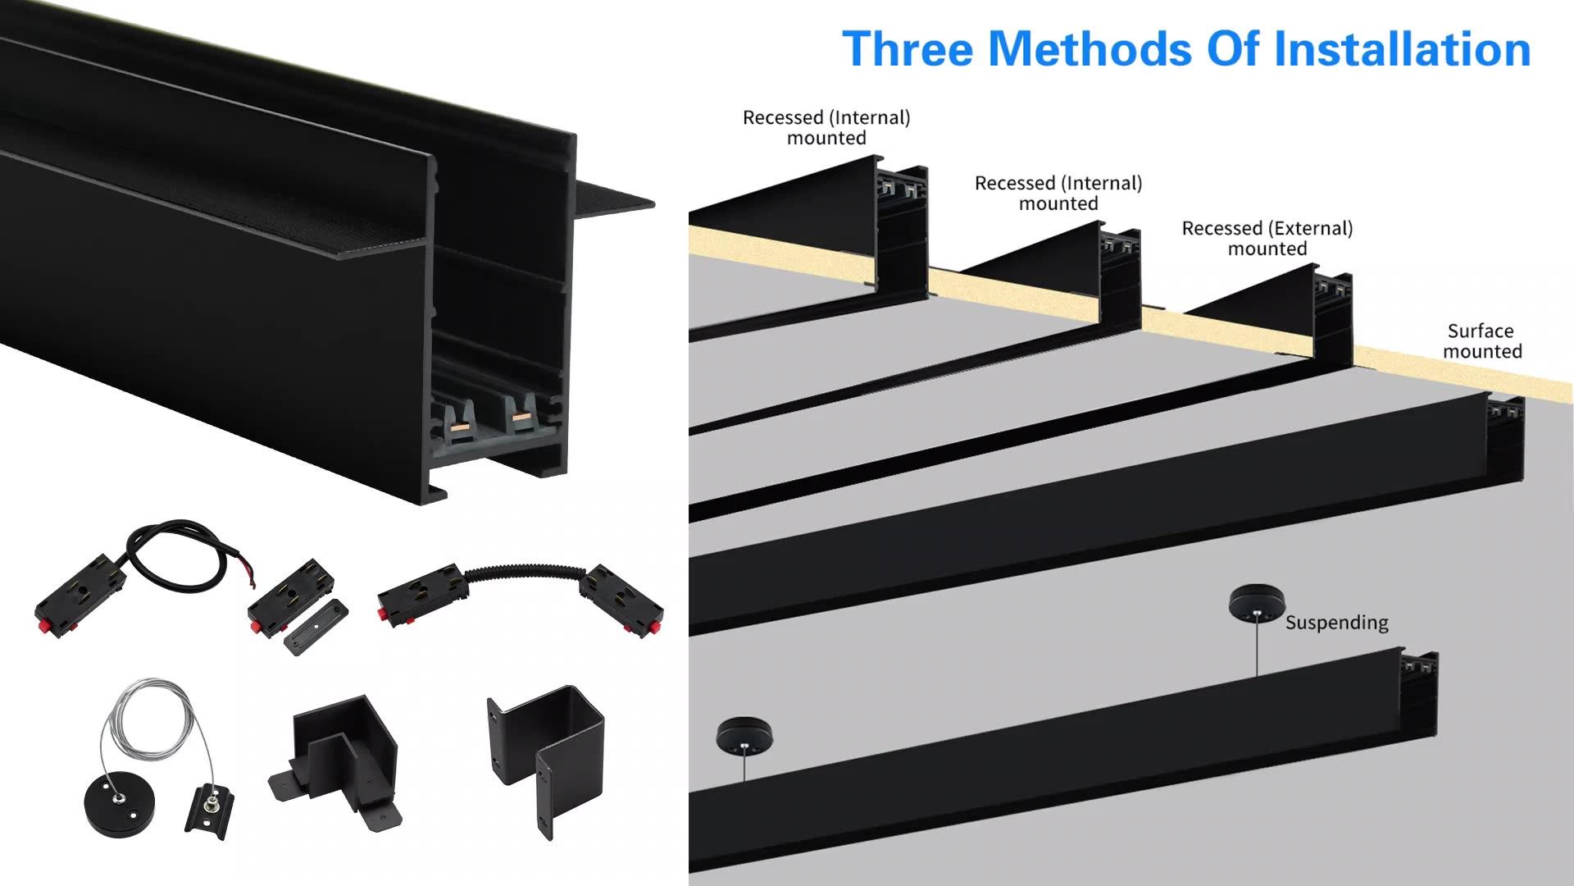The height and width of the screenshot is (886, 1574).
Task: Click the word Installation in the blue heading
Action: (1402, 49)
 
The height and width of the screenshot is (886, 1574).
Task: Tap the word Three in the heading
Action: (908, 49)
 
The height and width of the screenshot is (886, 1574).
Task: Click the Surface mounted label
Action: (1481, 341)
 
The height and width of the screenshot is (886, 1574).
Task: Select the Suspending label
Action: (1336, 623)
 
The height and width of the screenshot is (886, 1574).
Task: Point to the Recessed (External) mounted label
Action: (1267, 239)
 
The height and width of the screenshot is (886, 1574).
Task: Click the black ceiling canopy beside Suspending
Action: (1257, 603)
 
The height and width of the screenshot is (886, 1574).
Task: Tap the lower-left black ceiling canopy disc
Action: (744, 735)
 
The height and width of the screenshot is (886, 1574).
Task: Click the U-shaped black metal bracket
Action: (545, 755)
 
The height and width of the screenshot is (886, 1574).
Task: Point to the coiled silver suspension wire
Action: (156, 722)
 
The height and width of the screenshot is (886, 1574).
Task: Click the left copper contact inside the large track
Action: (461, 427)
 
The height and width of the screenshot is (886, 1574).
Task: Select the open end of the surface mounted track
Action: (1506, 439)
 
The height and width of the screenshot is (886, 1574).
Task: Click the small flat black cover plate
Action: (316, 626)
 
